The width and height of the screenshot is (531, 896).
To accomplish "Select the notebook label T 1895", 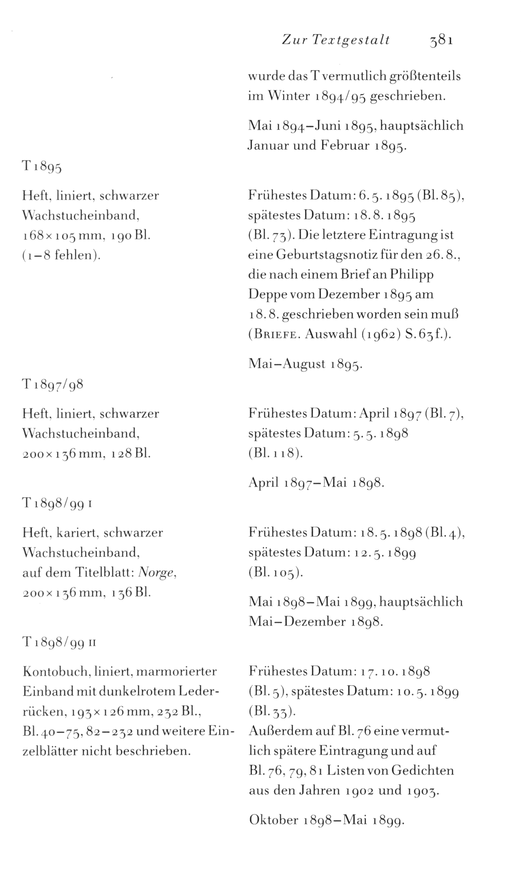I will click(x=41, y=167).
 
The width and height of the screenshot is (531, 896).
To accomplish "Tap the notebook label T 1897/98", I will click(x=53, y=384).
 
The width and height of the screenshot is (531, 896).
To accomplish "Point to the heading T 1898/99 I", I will click(x=58, y=503).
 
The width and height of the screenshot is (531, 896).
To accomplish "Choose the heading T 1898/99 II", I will click(x=59, y=642).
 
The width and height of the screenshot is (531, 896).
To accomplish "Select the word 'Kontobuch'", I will click(x=56, y=672).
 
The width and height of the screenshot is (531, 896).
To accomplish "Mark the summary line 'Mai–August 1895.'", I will click(x=305, y=364).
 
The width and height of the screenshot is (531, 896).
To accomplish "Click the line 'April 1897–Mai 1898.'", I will click(x=316, y=482).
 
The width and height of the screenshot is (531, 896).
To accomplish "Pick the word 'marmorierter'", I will click(x=176, y=672).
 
